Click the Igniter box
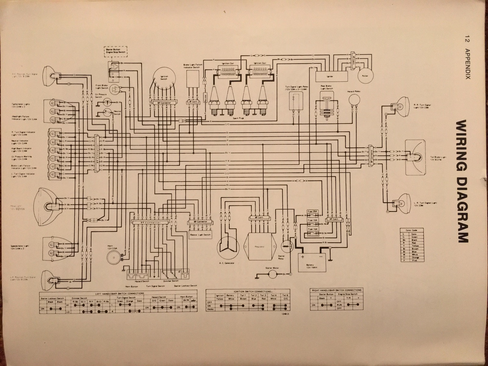click(x=332, y=75)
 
